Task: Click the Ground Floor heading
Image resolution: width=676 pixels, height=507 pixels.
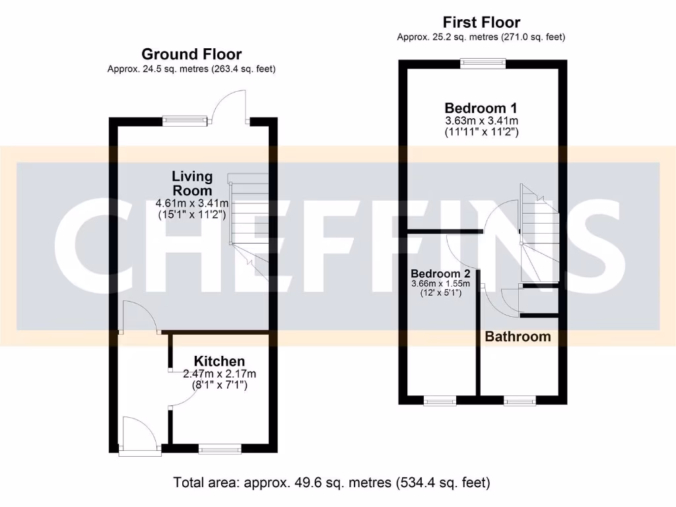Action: (x=191, y=54)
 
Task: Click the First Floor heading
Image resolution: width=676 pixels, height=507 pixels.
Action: (x=481, y=22)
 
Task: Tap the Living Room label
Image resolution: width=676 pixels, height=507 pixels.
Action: (x=192, y=183)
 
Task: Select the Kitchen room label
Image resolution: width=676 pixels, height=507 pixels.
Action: (x=219, y=361)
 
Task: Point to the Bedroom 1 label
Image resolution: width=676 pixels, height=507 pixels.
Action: (x=481, y=108)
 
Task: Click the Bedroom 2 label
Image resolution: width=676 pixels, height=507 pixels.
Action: (x=440, y=273)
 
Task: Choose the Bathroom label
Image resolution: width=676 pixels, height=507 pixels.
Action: (x=518, y=337)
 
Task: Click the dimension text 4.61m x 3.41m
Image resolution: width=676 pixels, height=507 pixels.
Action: (x=192, y=203)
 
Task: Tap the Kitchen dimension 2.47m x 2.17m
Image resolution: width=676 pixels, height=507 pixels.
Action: (x=219, y=374)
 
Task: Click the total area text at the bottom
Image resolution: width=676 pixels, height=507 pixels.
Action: (x=331, y=483)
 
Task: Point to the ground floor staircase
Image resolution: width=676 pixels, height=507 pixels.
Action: (x=249, y=218)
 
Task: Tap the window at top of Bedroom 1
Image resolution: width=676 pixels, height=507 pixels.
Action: (x=484, y=64)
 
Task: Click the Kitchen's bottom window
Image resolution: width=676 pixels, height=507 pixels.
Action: (x=220, y=450)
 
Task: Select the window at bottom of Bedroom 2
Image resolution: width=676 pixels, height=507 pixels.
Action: (x=440, y=400)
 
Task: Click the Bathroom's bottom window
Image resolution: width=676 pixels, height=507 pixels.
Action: (x=520, y=400)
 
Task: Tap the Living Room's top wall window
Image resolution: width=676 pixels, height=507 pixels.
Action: (x=186, y=121)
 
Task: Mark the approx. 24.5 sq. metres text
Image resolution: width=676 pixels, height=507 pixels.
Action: (x=191, y=69)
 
